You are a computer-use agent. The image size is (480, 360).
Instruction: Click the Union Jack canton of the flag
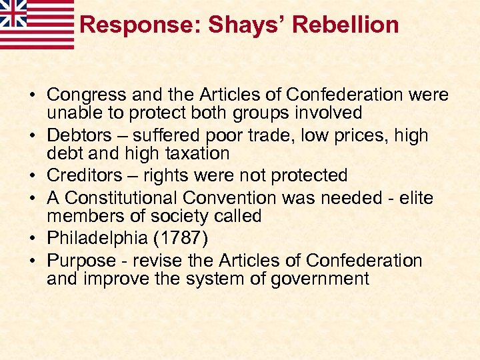point(13,12)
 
